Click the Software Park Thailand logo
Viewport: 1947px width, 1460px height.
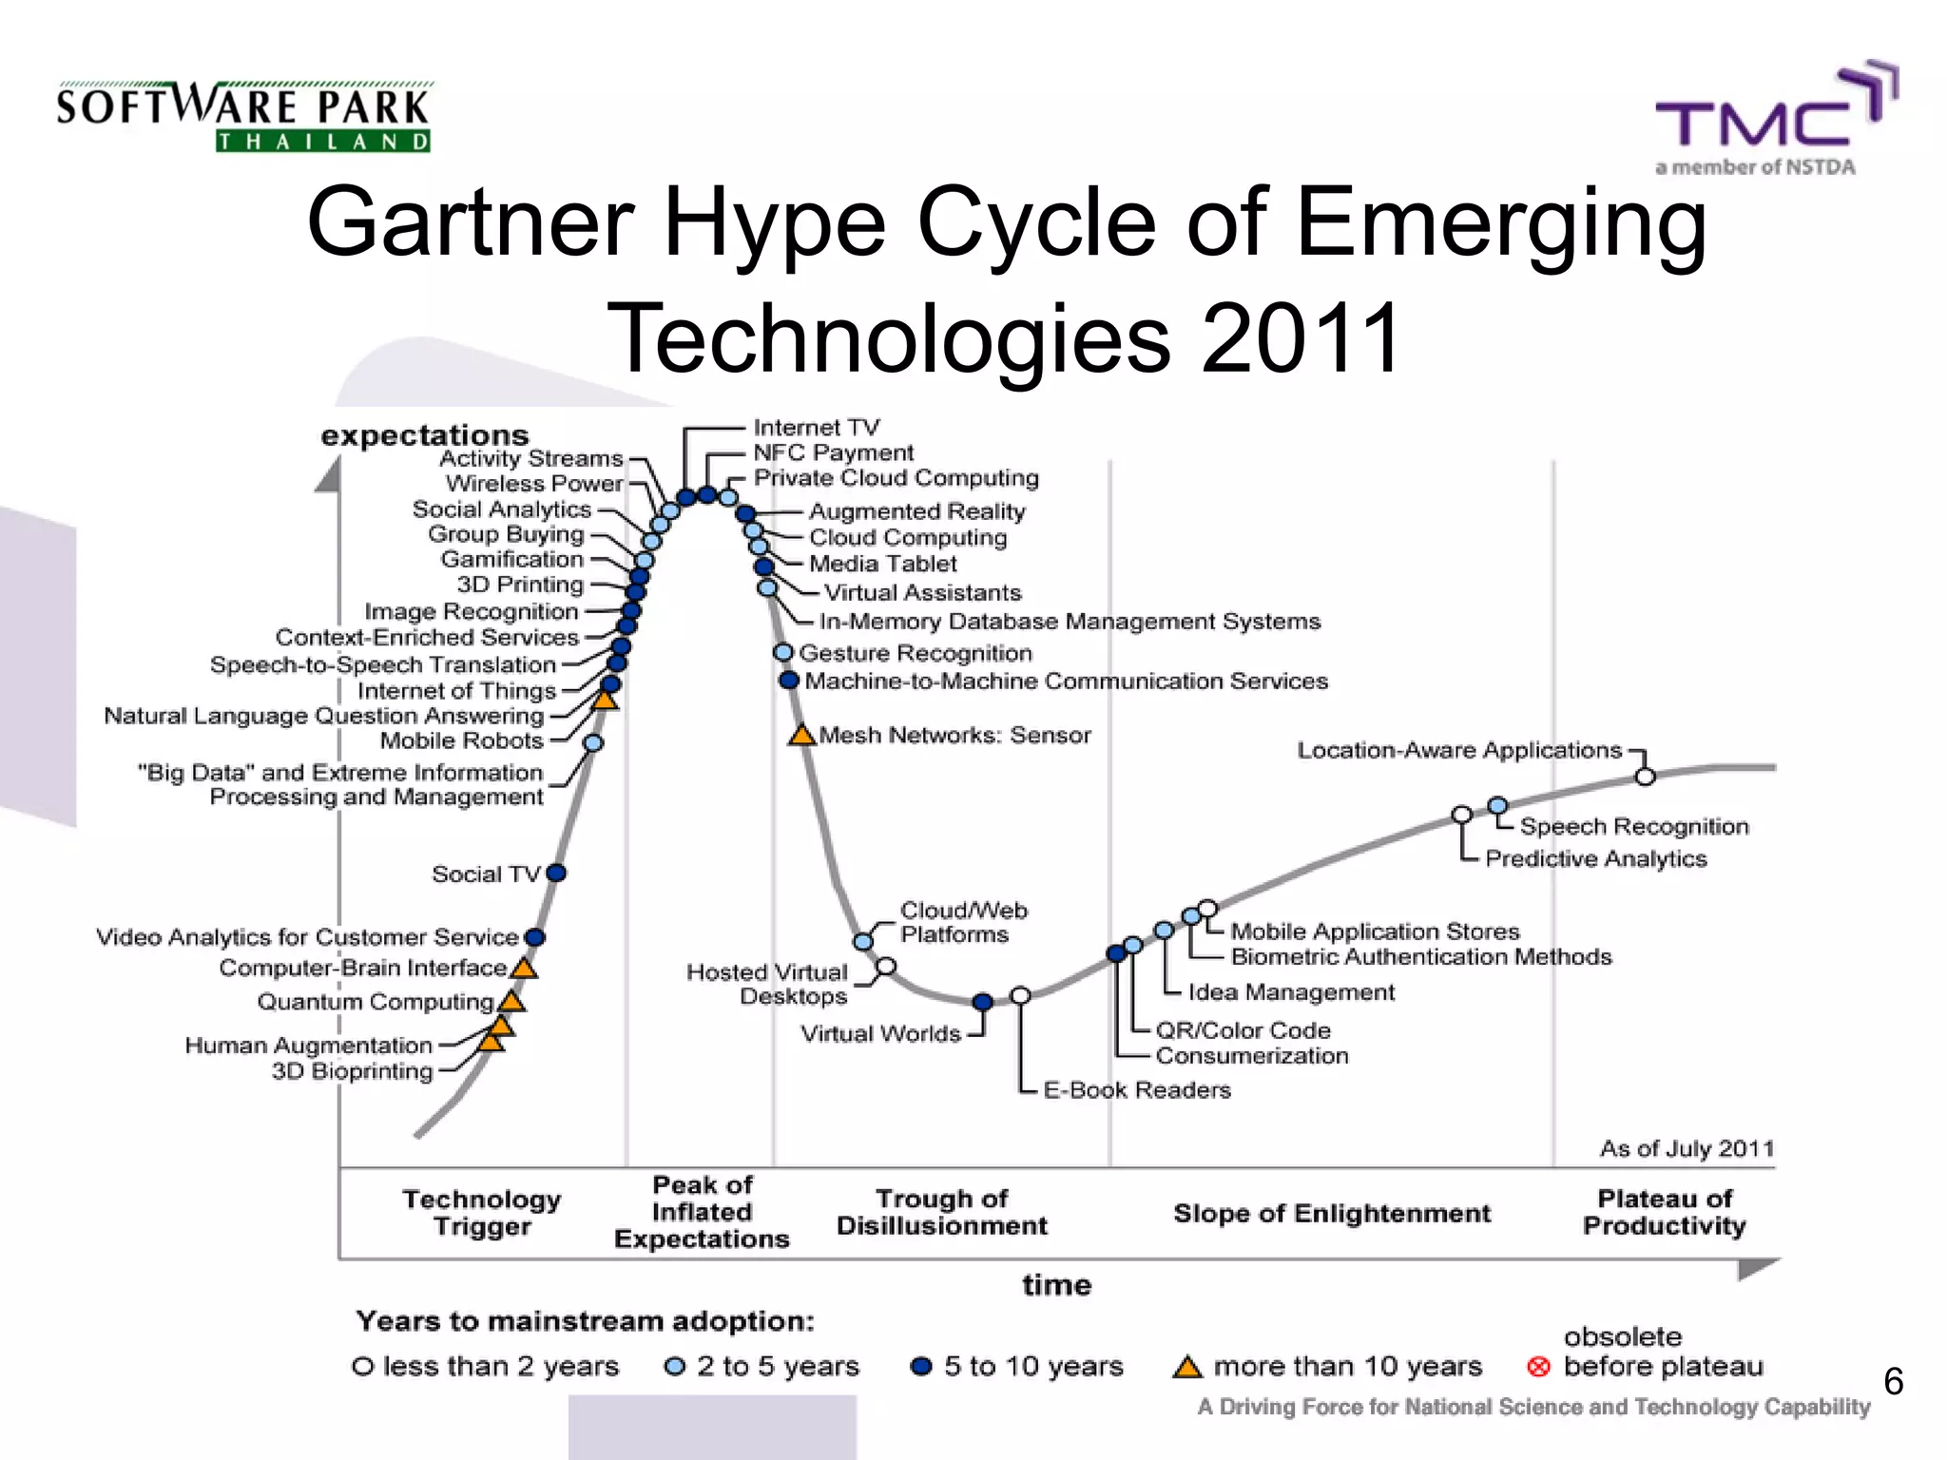[243, 117]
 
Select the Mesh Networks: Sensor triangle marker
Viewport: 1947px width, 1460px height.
[801, 736]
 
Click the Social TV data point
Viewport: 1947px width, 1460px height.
[557, 873]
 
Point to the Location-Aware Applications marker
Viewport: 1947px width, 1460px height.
[1645, 777]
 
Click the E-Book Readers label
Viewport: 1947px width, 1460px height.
[1137, 1090]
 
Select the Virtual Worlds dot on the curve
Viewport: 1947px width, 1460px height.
[983, 1002]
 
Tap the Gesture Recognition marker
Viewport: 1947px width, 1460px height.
[783, 653]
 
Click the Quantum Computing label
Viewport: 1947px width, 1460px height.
[376, 1002]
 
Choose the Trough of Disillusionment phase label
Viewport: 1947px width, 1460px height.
[941, 1212]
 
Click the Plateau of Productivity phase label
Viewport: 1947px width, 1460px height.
[1664, 1212]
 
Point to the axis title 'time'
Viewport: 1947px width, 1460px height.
[1056, 1285]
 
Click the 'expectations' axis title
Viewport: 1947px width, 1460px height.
[424, 435]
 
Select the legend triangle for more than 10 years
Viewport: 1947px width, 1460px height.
[1186, 1368]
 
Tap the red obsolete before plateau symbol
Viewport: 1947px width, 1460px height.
[1538, 1367]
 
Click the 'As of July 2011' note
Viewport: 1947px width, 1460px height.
[1687, 1148]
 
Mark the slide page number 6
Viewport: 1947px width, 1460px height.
[1893, 1381]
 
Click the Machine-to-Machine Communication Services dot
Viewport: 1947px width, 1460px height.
[788, 681]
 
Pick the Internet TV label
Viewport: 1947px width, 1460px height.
[817, 428]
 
